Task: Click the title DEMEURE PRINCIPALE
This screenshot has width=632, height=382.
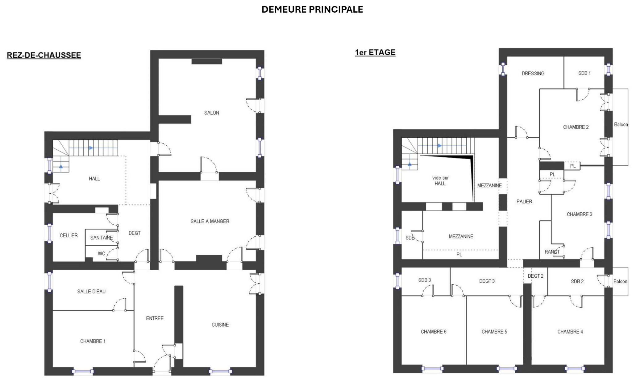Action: [x=312, y=10]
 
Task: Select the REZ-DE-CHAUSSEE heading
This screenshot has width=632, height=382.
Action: [x=44, y=55]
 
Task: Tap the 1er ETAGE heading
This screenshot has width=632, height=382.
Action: [x=375, y=52]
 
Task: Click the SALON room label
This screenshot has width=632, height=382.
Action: [x=212, y=113]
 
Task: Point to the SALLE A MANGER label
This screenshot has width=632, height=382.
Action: [x=210, y=221]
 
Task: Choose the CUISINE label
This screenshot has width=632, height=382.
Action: [x=220, y=325]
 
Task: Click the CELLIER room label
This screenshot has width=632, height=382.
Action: [x=69, y=235]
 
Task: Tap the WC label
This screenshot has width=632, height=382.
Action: [x=102, y=254]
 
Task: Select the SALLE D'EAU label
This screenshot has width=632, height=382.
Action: [x=91, y=291]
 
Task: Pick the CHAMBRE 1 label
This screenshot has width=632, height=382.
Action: [x=93, y=341]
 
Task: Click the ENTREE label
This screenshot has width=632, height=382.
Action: [x=155, y=318]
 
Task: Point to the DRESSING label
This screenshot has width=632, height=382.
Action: [x=533, y=73]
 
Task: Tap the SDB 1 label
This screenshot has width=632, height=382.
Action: [x=584, y=73]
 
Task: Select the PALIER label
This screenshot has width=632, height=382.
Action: [x=524, y=201]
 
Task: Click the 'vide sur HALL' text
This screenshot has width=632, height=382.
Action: [x=440, y=181]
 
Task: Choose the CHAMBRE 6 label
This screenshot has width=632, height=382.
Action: [x=434, y=332]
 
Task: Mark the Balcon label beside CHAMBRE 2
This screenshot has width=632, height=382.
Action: [x=621, y=124]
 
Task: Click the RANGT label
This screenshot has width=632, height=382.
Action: [x=552, y=252]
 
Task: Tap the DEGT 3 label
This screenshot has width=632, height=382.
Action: [x=487, y=281]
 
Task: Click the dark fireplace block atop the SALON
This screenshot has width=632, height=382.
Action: [x=207, y=61]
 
